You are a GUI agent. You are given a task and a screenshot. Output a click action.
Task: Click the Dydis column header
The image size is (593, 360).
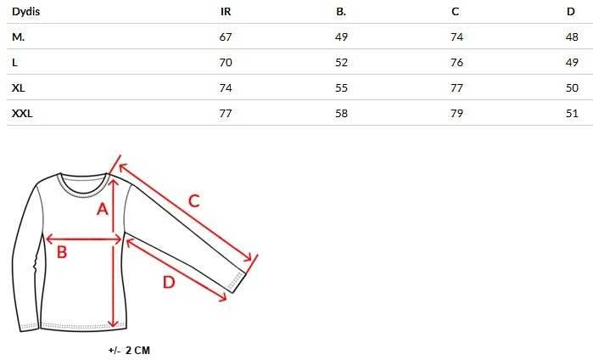pos(25,12)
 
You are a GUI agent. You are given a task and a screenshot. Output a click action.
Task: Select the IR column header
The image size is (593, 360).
pos(226,12)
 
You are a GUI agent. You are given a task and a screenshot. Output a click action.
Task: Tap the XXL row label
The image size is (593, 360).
pos(22,113)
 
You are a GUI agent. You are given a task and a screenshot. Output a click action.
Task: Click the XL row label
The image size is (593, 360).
pos(19,87)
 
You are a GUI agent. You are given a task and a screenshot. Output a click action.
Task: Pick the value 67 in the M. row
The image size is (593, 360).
pos(226,37)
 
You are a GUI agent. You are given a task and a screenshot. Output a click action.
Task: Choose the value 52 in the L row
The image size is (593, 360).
pos(342,63)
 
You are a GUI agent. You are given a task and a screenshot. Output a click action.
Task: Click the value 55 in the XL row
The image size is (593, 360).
pos(342,87)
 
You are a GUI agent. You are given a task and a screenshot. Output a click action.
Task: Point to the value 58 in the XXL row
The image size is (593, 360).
pos(342,113)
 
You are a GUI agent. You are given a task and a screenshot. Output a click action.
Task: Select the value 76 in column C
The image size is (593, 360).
pos(457,63)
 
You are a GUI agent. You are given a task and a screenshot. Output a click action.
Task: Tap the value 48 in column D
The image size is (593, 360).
pos(572,37)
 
